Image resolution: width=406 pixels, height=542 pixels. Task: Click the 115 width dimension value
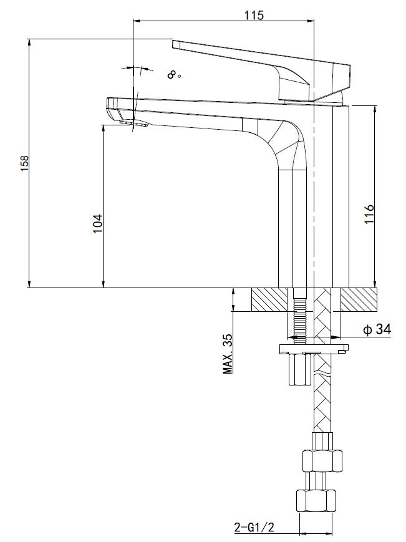254,15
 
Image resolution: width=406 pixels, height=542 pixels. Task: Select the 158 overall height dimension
25,163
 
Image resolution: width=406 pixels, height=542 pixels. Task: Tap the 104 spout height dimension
98,223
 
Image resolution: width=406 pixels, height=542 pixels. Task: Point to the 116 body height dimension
369,214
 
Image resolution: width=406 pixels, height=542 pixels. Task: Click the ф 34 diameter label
377,329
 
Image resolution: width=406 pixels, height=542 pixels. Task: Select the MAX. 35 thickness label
228,354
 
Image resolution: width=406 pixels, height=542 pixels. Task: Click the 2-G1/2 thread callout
254,527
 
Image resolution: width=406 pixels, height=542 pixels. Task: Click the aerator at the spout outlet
133,123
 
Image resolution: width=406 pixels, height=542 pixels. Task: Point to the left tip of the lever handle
173,44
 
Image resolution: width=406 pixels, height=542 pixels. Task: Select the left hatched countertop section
269,299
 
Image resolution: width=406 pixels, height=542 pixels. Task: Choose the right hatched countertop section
359,299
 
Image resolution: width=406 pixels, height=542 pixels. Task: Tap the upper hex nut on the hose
322,460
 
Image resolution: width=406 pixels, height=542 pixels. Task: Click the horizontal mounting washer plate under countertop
314,349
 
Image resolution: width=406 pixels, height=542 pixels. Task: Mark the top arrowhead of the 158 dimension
30,42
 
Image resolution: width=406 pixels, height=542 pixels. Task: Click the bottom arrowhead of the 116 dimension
375,284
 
